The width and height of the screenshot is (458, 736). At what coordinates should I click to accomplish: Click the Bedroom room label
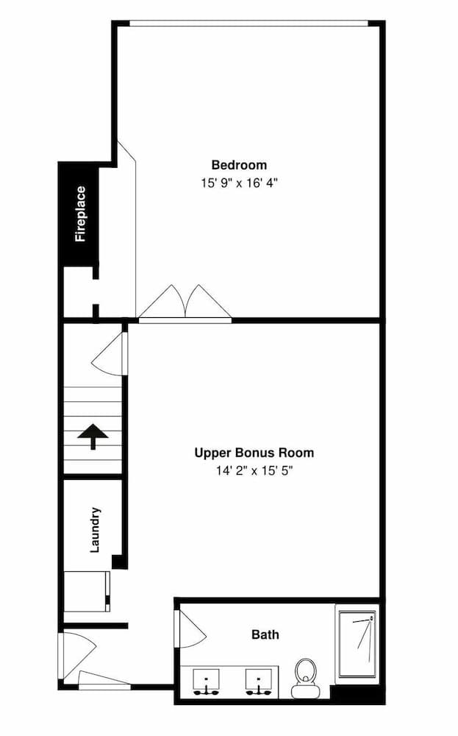[x=239, y=165]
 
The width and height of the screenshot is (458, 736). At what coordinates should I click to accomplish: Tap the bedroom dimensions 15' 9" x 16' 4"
[x=240, y=183]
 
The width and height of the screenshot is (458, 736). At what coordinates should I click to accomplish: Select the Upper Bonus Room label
[x=254, y=453]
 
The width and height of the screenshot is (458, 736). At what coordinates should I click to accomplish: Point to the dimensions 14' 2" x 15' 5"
[x=254, y=471]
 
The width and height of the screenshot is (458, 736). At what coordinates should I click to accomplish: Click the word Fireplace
[x=81, y=214]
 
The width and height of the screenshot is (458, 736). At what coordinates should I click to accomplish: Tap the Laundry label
[x=95, y=529]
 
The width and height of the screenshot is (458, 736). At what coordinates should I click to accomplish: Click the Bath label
[x=265, y=634]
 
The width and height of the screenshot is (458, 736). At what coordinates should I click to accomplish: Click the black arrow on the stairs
[x=93, y=436]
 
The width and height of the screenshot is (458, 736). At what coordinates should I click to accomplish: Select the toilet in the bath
[x=306, y=677]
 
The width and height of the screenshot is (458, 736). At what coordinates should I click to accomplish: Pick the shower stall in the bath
[x=357, y=643]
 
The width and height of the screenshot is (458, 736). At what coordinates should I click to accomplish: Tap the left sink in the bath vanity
[x=207, y=682]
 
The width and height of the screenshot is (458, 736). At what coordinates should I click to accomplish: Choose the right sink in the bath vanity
[x=259, y=682]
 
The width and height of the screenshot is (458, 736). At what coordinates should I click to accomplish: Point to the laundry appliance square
[x=87, y=591]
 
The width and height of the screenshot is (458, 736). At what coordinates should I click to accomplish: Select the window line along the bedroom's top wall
[x=249, y=23]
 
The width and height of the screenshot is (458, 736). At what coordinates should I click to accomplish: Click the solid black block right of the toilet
[x=357, y=694]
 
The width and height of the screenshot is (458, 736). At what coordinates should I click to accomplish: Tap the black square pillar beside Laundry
[x=120, y=562]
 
